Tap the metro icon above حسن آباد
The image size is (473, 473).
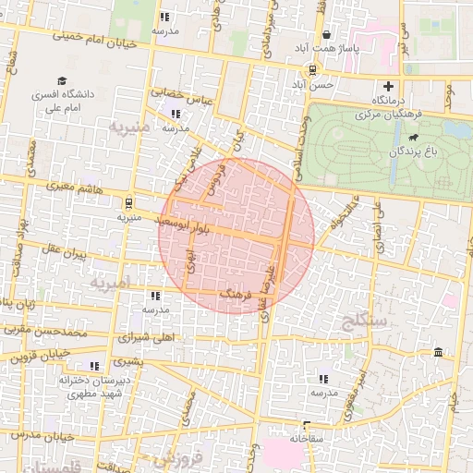(314, 69)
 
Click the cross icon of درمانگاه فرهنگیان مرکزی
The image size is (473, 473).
(389, 86)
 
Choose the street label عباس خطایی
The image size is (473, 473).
(182, 93)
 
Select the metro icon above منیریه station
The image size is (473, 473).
(127, 202)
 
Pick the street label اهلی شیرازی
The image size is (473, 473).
(147, 337)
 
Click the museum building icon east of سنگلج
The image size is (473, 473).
(437, 353)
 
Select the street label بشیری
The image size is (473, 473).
(128, 362)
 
